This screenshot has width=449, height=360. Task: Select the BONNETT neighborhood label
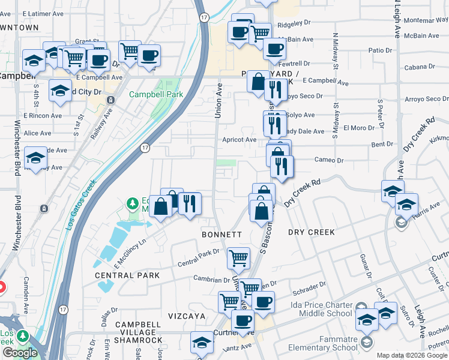click(221, 234)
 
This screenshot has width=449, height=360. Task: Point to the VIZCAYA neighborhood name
click(187, 316)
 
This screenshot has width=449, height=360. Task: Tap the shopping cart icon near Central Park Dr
click(239, 257)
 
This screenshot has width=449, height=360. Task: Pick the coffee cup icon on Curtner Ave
click(243, 320)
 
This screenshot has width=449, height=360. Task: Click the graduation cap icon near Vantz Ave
click(202, 343)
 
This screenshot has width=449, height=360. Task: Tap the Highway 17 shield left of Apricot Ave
click(145, 148)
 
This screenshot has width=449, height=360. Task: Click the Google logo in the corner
click(20, 353)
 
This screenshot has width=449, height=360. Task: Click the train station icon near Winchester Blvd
click(43, 209)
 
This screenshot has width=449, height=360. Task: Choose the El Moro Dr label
click(359, 128)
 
